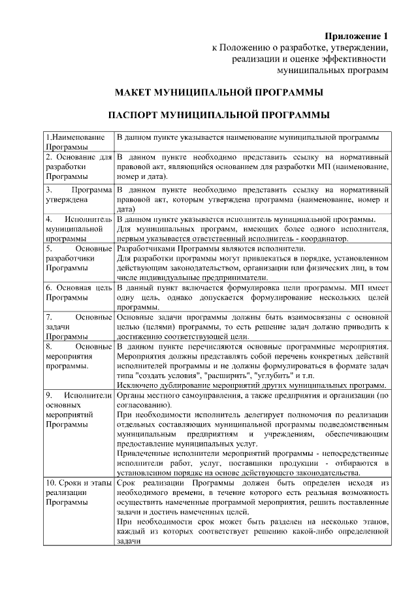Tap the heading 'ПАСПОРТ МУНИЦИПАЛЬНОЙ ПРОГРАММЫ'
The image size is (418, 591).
point(218,116)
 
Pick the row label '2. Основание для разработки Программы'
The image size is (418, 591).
point(78,167)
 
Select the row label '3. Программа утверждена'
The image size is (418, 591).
point(78,194)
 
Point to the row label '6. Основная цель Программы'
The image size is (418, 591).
point(78,292)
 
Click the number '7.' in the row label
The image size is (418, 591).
point(50,317)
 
